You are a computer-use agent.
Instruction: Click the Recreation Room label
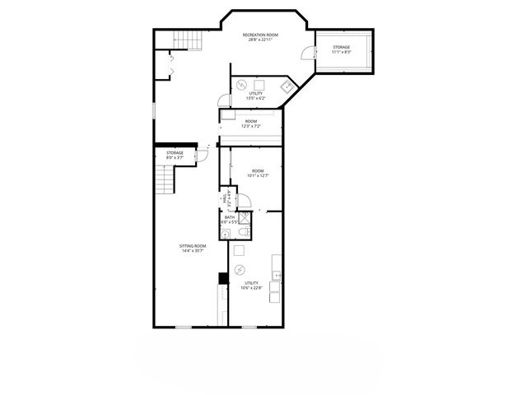260,35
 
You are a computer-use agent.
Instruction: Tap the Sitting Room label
194,245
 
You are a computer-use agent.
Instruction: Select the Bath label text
229,217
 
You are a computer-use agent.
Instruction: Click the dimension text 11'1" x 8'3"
341,53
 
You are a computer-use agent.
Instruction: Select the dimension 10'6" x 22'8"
251,287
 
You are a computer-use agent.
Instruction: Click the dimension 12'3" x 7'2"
251,126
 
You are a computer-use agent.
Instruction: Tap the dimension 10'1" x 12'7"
259,175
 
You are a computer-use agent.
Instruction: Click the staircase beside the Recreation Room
189,39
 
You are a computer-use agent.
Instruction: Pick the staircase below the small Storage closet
167,179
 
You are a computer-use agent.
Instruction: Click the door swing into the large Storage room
308,53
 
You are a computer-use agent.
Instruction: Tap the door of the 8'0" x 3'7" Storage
200,156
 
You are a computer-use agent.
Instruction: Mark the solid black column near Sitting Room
222,278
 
